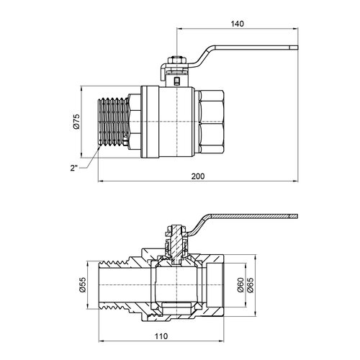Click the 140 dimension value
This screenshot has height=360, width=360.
point(237,24)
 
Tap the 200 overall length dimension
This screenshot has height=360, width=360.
point(198,176)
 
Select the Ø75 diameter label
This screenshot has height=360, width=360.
point(76,122)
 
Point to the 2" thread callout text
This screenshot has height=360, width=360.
point(74,168)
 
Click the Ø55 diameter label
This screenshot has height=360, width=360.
point(82,285)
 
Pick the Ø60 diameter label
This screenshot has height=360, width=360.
point(240,285)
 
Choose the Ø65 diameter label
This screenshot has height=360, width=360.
point(250,285)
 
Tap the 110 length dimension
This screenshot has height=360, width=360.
point(161,336)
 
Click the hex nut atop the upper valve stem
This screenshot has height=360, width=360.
point(176,60)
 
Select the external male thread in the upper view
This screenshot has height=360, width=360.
point(114,122)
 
